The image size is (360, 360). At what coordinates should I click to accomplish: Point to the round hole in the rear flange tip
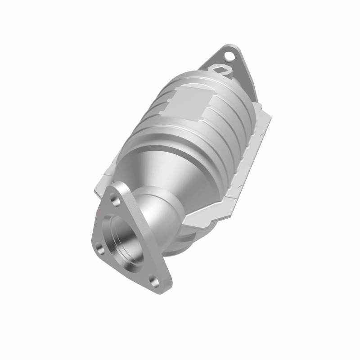pos(230,56)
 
